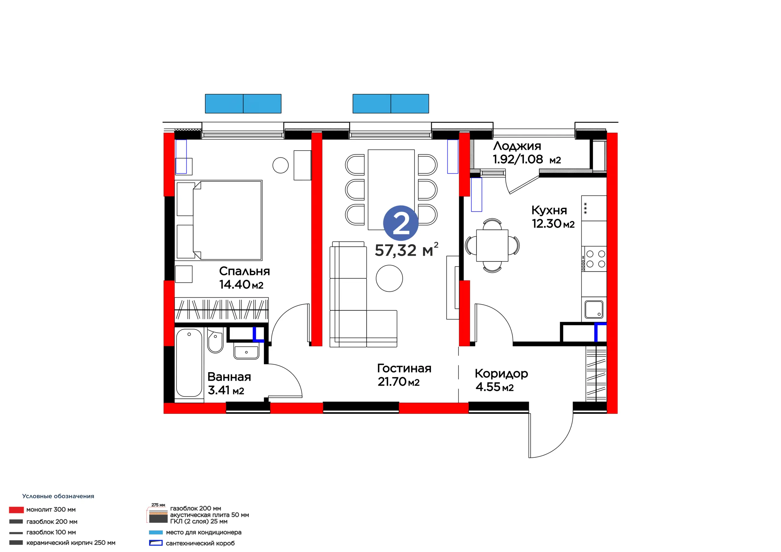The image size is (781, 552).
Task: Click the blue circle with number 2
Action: click(401, 223)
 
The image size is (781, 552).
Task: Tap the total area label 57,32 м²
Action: click(406, 250)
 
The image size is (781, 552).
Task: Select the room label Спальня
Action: click(244, 271)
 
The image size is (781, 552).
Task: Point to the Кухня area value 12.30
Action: click(547, 224)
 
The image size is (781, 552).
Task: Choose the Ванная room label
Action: click(229, 377)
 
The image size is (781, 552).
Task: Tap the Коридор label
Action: click(501, 374)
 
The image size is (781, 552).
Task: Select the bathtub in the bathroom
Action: click(189, 363)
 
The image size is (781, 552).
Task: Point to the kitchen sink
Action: click(594, 309)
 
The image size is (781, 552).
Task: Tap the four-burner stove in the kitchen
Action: click(594, 259)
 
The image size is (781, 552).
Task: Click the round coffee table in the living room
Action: click(389, 278)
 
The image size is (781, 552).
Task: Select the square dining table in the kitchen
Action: click(492, 245)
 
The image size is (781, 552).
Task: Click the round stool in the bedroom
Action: click(281, 166)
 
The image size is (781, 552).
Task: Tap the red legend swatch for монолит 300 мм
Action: click(16, 510)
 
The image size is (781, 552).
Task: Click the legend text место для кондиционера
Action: click(203, 532)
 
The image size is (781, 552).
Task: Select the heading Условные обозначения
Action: click(58, 496)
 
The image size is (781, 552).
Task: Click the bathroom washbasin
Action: click(246, 352)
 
